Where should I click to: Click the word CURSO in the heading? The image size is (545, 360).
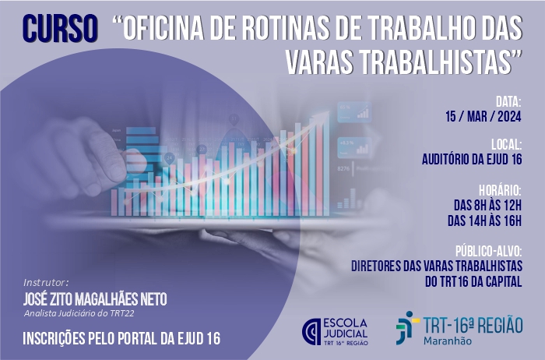point(60,29)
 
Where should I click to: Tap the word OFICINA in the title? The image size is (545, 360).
point(163,28)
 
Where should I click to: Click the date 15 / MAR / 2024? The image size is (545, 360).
point(483,117)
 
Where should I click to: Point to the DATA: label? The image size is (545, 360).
point(508,102)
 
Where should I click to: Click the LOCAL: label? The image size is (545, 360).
point(506,144)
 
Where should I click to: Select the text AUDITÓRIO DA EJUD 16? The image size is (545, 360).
point(472,159)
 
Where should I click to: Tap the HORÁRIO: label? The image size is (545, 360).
point(500,190)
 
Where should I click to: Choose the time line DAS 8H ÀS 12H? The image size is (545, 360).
point(488,205)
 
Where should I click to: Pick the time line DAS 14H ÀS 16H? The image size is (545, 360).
point(485,221)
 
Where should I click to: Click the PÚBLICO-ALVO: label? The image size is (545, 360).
point(489,251)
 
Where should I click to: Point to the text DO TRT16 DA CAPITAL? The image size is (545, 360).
point(473,281)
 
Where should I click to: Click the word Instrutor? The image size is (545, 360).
point(46,282)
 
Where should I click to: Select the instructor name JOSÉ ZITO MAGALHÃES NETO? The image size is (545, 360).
point(95,298)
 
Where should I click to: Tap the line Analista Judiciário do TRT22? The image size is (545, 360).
point(79,313)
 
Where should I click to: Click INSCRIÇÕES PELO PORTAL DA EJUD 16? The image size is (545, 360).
point(121,338)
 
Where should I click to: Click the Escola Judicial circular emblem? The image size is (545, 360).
point(311,331)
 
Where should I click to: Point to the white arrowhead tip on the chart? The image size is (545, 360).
point(329,111)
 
